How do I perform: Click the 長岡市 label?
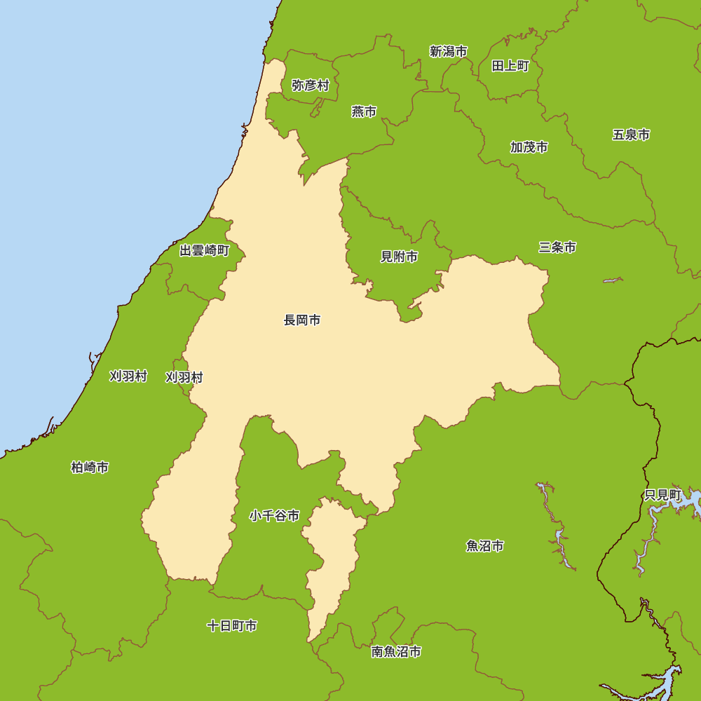(302, 320)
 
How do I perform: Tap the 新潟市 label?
(449, 51)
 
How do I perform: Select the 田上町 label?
(510, 66)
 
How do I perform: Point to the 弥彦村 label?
(311, 86)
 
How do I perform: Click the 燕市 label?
(364, 111)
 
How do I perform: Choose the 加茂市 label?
(529, 147)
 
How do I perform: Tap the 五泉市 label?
(631, 135)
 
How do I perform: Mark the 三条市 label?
(557, 247)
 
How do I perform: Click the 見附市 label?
(399, 257)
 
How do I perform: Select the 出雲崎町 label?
(204, 250)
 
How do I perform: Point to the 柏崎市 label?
(90, 468)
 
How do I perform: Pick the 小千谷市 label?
(274, 516)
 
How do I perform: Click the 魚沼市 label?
(484, 546)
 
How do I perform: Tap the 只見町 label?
(662, 495)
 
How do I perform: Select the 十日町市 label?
(231, 625)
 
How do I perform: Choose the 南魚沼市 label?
(396, 652)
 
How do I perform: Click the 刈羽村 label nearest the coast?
(128, 376)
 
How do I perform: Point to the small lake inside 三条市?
(613, 280)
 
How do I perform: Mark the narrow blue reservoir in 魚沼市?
(559, 533)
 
